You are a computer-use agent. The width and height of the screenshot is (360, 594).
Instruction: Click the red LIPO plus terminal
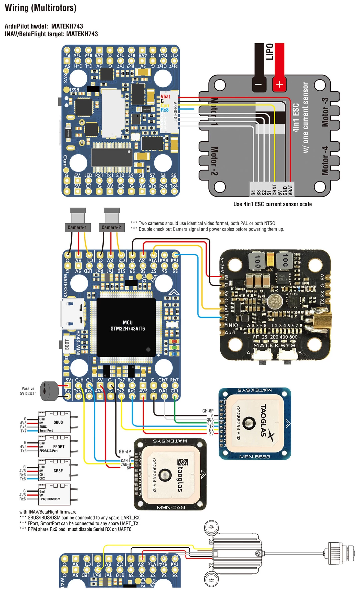pyautogui.click(x=279, y=84)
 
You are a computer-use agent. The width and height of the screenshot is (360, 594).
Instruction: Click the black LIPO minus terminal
pyautogui.click(x=259, y=84)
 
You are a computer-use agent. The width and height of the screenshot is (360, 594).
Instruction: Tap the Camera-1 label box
pyautogui.click(x=77, y=228)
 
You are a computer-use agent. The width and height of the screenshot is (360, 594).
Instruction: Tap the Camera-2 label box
pyautogui.click(x=111, y=228)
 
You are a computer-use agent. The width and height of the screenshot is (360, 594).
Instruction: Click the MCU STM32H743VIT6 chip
pyautogui.click(x=127, y=326)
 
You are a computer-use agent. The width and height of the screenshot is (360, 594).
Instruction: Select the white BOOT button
pyautogui.click(x=67, y=344)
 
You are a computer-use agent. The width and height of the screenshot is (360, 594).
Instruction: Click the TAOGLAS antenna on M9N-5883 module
pyautogui.click(x=256, y=423)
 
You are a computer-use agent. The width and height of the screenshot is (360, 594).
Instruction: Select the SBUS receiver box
pyautogui.click(x=54, y=422)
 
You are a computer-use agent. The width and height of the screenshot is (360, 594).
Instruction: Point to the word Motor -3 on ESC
pyautogui.click(x=325, y=112)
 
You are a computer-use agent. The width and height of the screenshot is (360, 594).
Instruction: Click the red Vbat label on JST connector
pyautogui.click(x=165, y=97)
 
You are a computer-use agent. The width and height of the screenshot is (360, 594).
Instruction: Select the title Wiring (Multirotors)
pyautogui.click(x=41, y=8)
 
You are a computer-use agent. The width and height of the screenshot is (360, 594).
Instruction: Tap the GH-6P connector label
pyautogui.click(x=208, y=411)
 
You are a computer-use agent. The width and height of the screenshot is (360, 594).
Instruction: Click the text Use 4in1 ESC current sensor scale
pyautogui.click(x=272, y=204)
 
